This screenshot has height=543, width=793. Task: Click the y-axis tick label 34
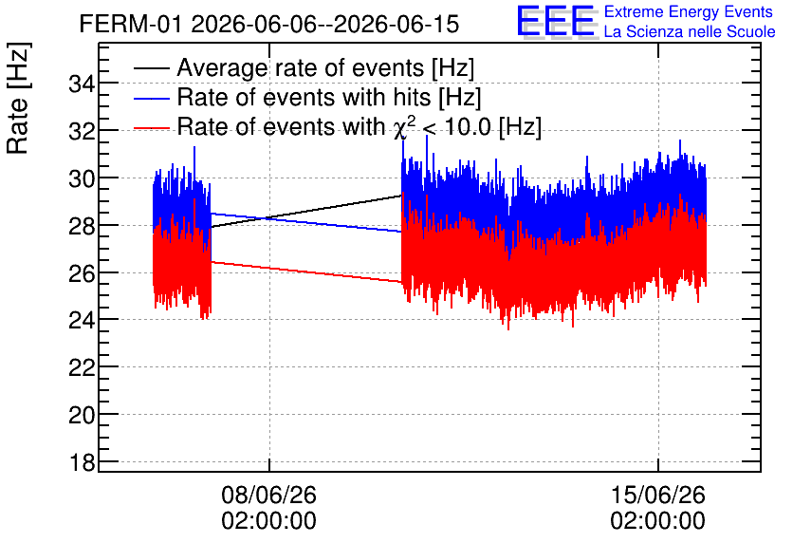[82, 84]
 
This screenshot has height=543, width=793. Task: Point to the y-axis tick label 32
[82, 132]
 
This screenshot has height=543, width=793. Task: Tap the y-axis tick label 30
[82, 178]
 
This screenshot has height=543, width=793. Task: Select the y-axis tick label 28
[82, 226]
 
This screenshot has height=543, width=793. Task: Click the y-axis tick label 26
[82, 273]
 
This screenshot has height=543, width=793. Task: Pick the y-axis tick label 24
[82, 321]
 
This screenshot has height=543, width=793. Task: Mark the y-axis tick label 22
[82, 368]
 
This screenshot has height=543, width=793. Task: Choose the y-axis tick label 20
[82, 416]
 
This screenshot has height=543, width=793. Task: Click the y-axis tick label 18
[82, 462]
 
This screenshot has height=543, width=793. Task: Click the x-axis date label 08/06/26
[269, 495]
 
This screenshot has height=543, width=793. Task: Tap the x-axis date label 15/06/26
[658, 495]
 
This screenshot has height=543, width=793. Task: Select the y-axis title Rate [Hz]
[19, 98]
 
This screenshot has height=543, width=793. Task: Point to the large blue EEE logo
[556, 21]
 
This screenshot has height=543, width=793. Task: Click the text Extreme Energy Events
[689, 11]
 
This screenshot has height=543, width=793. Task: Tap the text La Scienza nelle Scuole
[690, 32]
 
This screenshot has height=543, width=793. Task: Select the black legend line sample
[152, 68]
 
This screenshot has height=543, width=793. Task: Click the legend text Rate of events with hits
[304, 97]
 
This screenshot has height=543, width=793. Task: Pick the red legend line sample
[152, 127]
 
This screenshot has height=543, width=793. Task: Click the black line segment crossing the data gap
[306, 211]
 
